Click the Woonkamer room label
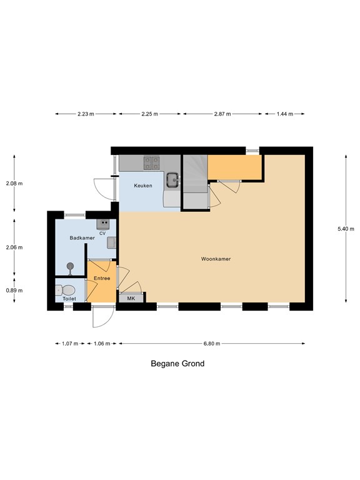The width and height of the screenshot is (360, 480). coord(216,258)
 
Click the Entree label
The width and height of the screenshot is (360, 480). coord(102,278)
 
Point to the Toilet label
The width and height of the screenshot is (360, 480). coord(69,299)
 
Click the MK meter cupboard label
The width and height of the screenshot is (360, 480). coord(131,299)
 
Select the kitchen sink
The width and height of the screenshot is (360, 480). coord(172,181)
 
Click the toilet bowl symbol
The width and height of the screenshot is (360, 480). coord(66,289)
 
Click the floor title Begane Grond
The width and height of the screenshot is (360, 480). coord(177,363)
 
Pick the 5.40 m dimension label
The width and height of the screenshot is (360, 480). coord(346,229)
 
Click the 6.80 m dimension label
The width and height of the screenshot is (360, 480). coord(212,343)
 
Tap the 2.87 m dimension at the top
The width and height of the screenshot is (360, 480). coord(222,114)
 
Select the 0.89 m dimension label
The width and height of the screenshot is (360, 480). coord(14,290)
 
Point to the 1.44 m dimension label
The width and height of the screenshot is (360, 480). coord(284,114)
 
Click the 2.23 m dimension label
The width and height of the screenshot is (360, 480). coord(86,114)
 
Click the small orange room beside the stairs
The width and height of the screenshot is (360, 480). coord(234,167)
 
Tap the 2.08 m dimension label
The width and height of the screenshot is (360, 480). coord(14,184)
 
